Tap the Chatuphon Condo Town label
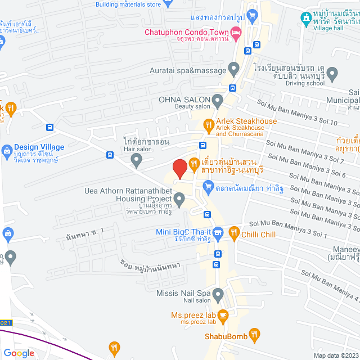pos(187,32)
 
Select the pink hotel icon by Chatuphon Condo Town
pos(237,32)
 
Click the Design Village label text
pos(39,147)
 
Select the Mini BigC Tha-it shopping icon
pos(218,232)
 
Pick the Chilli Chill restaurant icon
pos(233,232)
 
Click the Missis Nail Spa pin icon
pos(218,293)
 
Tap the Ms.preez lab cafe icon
pos(223,315)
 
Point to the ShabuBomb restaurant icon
pos(255,336)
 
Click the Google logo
pos(19,353)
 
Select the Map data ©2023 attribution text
pos(335,355)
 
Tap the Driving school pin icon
pos(332,73)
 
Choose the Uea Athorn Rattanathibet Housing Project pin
pos(179,198)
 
